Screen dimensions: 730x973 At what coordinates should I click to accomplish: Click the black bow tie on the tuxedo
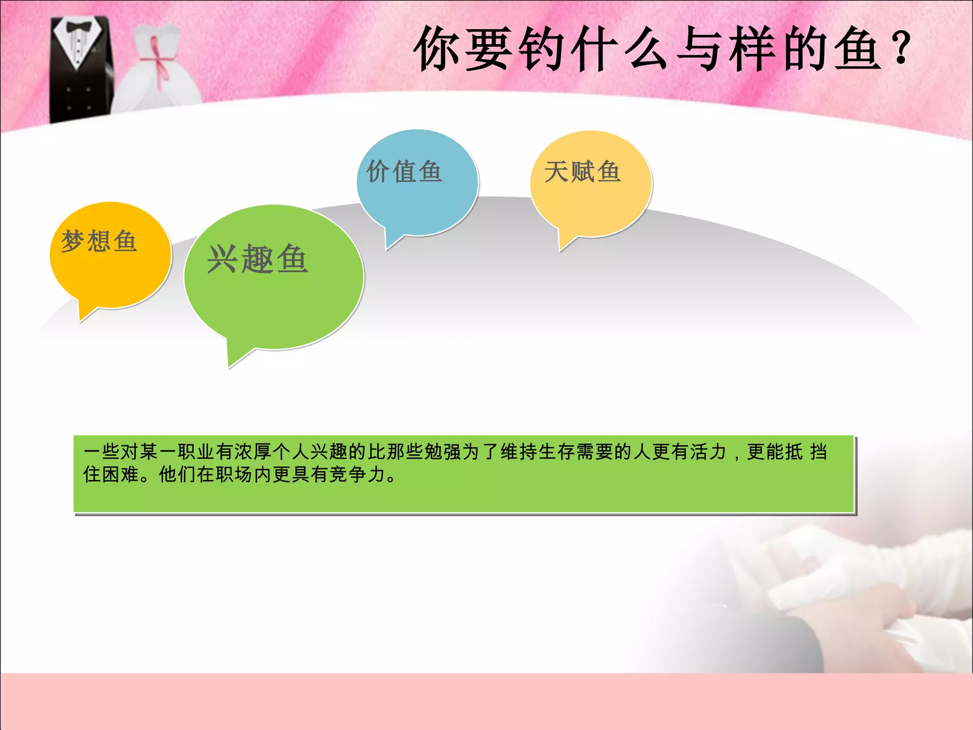(x=79, y=27)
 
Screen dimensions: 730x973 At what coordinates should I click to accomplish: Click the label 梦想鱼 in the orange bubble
(x=99, y=241)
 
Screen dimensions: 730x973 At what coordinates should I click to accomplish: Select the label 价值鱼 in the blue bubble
(x=404, y=172)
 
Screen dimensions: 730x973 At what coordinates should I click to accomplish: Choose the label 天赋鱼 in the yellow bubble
(x=582, y=172)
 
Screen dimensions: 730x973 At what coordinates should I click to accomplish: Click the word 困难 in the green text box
(x=121, y=474)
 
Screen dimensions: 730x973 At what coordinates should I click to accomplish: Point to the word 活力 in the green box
(x=708, y=451)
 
